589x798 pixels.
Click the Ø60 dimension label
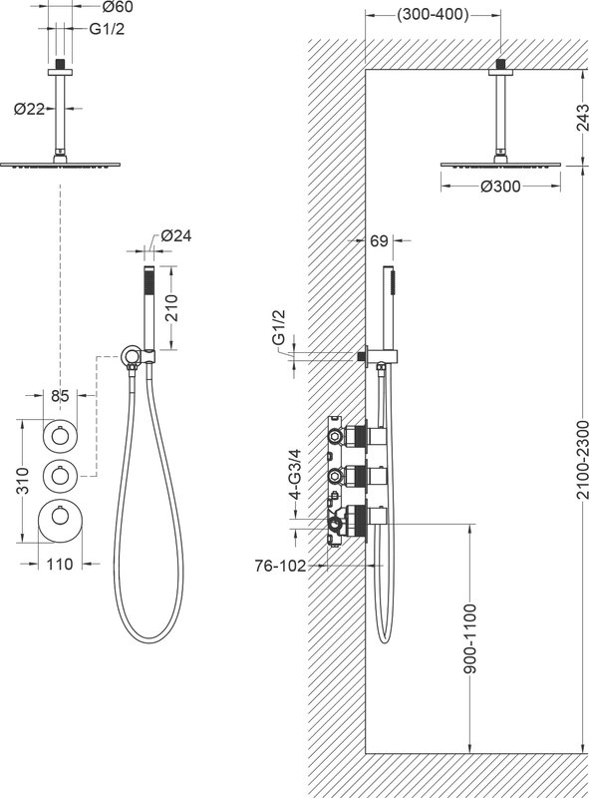(118, 7)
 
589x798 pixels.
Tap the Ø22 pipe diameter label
(30, 109)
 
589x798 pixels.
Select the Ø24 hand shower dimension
(176, 235)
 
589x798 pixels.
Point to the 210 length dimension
(172, 307)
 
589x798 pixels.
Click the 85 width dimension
(60, 395)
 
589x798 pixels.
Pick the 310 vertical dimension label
(23, 481)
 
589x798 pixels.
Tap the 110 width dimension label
(60, 564)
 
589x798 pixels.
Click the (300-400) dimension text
(433, 14)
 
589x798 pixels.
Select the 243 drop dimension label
(581, 118)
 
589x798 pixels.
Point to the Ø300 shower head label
(500, 187)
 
